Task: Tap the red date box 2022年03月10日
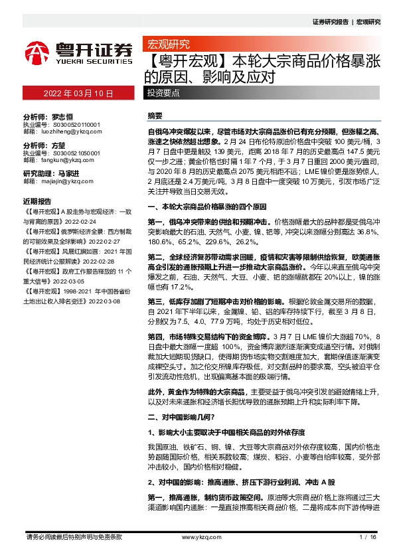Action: point(79,94)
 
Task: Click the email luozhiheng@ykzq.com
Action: point(67,131)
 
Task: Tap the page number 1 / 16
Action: point(367,536)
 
